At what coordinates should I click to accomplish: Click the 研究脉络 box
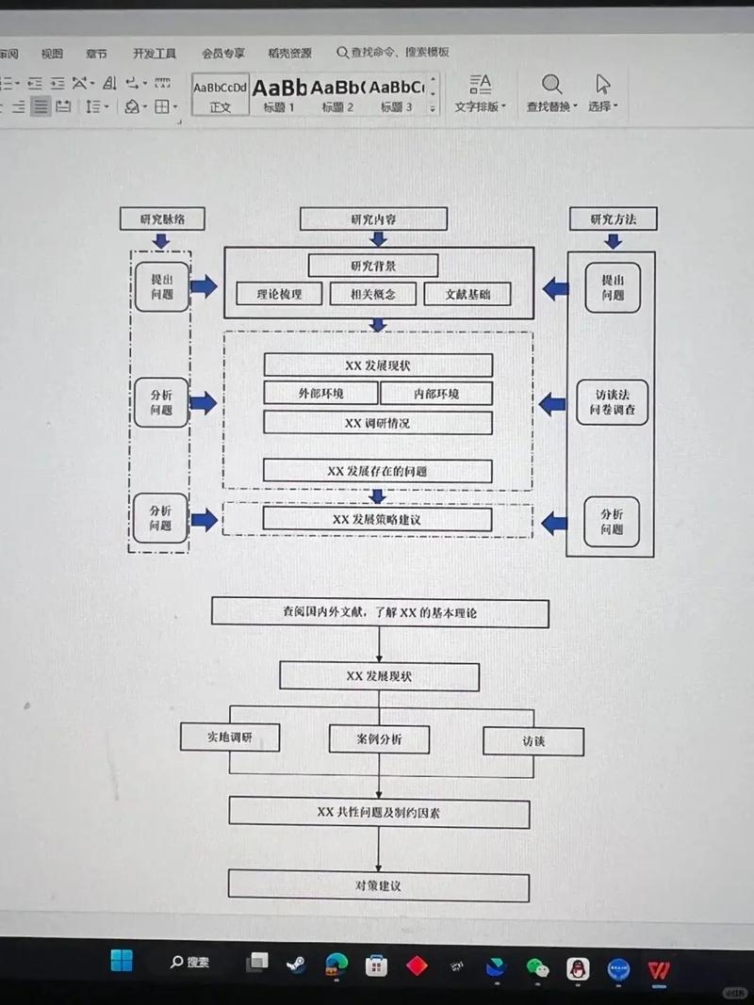[x=161, y=219]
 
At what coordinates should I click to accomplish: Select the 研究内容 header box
[x=372, y=219]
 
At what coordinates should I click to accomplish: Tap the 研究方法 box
[x=613, y=219]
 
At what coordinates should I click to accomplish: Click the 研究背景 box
[x=372, y=265]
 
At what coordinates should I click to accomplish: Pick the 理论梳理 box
[x=279, y=294]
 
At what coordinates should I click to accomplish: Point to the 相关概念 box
[x=373, y=294]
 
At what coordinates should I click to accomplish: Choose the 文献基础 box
[x=467, y=294]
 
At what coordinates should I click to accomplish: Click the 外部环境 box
[x=320, y=394]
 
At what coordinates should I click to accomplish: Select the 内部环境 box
[x=436, y=394]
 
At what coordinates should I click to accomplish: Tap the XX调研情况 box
[x=377, y=423]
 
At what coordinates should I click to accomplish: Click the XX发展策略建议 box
[x=377, y=519]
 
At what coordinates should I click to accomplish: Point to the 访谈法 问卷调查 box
[x=613, y=402]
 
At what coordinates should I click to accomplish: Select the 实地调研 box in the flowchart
[x=230, y=737]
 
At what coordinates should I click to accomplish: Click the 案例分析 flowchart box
[x=379, y=739]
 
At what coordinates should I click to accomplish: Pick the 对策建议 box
[x=378, y=886]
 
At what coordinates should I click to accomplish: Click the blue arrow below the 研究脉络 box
[x=161, y=241]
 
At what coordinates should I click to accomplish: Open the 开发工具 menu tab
[x=155, y=54]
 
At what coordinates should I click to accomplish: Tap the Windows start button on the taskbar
[x=122, y=961]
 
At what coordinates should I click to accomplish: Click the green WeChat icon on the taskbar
[x=537, y=966]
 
